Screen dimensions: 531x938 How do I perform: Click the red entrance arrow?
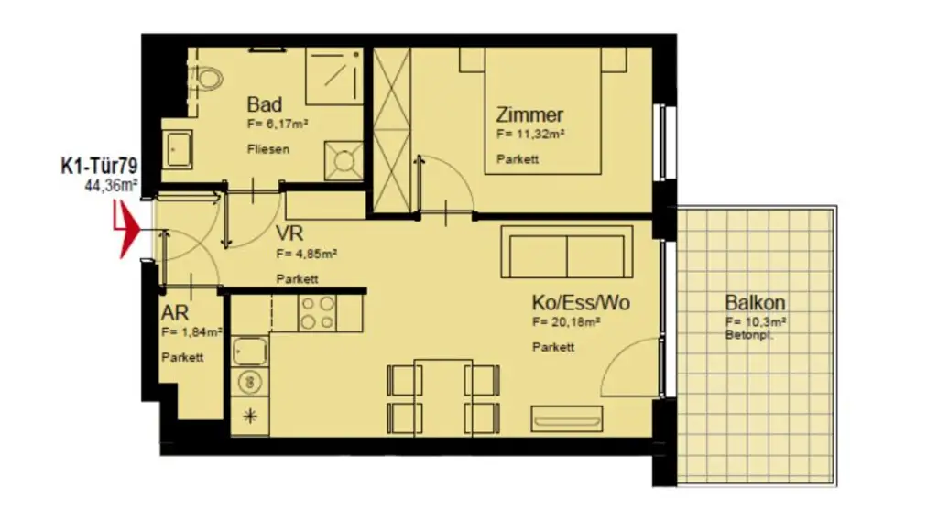point(125,231)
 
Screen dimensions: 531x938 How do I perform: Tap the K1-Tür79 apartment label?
point(99,167)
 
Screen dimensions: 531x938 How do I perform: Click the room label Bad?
point(264,104)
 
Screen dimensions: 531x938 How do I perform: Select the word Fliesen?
point(267,148)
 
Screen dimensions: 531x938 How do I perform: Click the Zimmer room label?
point(529,115)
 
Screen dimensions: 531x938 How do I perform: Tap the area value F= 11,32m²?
point(529,134)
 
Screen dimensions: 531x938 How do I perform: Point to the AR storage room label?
point(175,312)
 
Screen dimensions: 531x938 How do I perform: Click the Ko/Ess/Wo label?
point(581,303)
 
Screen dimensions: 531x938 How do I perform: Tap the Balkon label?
point(755,303)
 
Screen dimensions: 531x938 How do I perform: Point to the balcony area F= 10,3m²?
point(756,322)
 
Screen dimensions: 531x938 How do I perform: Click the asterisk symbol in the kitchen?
point(248,417)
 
